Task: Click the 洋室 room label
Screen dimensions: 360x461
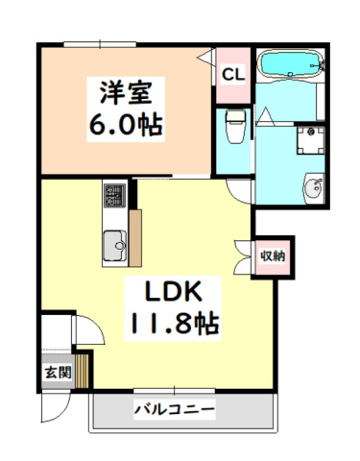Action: (126, 92)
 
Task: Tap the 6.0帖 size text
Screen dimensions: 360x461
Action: (126, 125)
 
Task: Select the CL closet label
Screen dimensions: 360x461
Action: (233, 75)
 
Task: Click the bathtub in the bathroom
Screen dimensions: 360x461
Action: (291, 63)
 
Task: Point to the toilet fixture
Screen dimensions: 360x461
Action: (235, 127)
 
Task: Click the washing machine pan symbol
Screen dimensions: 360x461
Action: (310, 140)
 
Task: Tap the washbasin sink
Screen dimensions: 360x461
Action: (314, 188)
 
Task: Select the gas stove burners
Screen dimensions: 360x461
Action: (114, 195)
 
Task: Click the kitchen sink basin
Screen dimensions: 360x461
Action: (115, 246)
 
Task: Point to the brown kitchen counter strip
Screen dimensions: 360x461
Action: (135, 238)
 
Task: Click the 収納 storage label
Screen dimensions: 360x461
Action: (273, 255)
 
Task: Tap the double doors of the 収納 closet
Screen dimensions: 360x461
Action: (243, 256)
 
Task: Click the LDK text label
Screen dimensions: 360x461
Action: (173, 291)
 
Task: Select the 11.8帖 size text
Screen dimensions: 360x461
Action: (173, 323)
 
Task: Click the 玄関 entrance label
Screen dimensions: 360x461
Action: (58, 372)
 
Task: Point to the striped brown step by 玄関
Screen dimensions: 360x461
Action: (82, 371)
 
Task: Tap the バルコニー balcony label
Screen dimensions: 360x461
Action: (174, 409)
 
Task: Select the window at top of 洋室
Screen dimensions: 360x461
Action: (100, 44)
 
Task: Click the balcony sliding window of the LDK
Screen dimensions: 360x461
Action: (175, 391)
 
